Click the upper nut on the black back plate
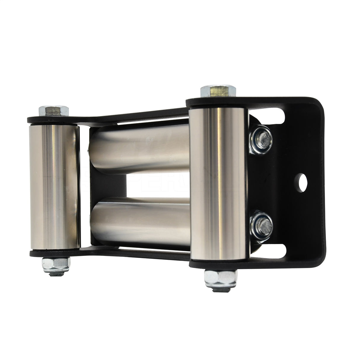coord(262,139)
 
